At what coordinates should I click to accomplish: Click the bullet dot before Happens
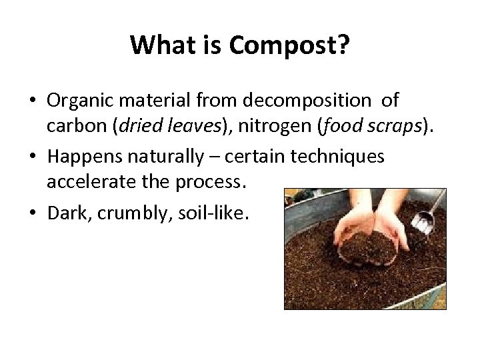[33, 157]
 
